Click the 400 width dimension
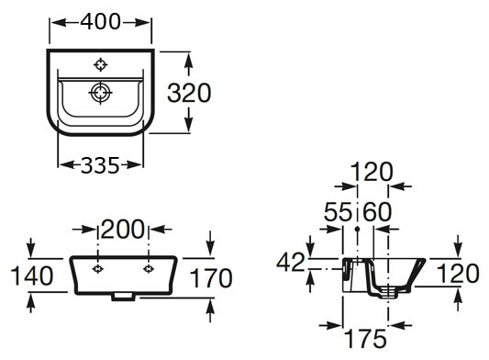coord(100,22)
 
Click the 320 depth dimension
coord(189,93)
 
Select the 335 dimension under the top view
coord(100,165)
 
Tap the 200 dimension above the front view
coord(123,230)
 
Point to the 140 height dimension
coord(32,276)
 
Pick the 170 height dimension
coord(211,278)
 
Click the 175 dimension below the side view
coord(366,339)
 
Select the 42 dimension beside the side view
coord(290,262)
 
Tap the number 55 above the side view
coord(338,212)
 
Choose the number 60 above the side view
coord(377,212)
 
